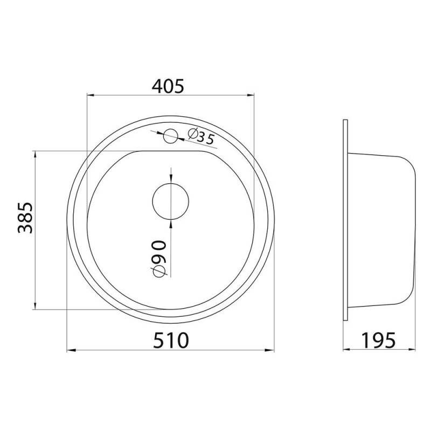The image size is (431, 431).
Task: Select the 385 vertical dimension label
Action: coord(25,218)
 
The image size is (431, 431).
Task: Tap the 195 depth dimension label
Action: coord(378,340)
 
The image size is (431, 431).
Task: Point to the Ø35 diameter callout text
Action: coord(201,137)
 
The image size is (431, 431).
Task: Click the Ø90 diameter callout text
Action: coord(160,259)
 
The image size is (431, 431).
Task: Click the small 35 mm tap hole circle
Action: coord(171,136)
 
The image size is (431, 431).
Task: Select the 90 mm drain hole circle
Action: coord(171,201)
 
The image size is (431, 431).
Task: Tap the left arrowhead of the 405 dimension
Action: coord(91,95)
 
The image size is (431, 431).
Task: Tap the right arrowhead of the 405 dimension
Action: coord(250,95)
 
